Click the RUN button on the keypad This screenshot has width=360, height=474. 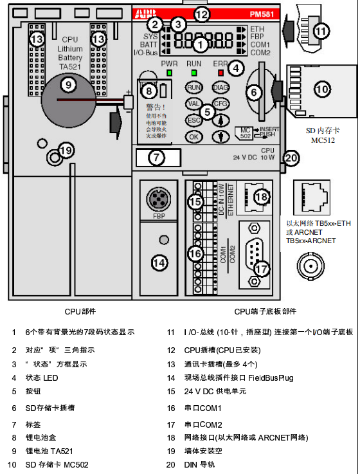click(193, 87)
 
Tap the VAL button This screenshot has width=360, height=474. click(193, 103)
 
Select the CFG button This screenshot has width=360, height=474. click(221, 103)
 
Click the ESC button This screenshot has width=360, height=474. click(193, 120)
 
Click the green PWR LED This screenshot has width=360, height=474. click(169, 73)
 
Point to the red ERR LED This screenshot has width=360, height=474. click(221, 73)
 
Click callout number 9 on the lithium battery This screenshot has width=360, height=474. click(67, 84)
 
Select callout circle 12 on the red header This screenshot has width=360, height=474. click(202, 14)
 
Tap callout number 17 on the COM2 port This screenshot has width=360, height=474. click(261, 268)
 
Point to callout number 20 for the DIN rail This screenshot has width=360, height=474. click(291, 158)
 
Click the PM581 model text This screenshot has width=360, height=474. click(260, 14)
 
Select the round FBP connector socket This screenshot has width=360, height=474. click(158, 197)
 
